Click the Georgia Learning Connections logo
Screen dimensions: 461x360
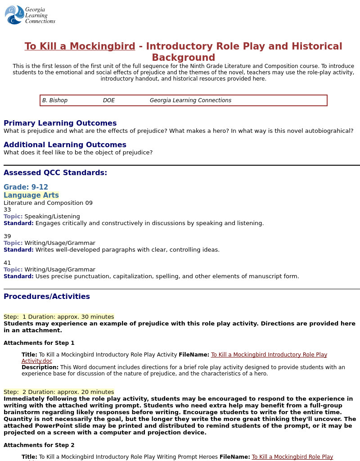[x=30, y=15]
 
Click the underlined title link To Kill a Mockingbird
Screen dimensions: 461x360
[x=80, y=46]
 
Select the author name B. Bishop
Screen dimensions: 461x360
[x=55, y=100]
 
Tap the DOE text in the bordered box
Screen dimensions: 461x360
[x=109, y=100]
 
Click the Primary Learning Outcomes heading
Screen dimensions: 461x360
[x=60, y=123]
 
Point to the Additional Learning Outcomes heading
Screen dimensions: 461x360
[x=65, y=145]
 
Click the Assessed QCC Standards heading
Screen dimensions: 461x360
[x=55, y=172]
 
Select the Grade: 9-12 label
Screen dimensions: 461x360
[x=26, y=187]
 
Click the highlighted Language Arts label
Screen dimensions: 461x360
[x=31, y=195]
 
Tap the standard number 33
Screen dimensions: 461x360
[x=7, y=209]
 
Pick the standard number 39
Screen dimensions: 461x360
[x=7, y=236]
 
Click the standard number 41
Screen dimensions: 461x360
[x=7, y=262]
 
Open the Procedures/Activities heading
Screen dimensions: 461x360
[x=47, y=296]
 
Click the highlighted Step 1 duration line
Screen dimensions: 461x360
[x=58, y=316]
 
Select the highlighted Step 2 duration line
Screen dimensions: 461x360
[x=58, y=392]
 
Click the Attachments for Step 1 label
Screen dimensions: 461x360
[x=39, y=343]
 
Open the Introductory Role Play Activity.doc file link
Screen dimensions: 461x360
[x=269, y=355]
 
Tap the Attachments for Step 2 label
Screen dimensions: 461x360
[x=39, y=445]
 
